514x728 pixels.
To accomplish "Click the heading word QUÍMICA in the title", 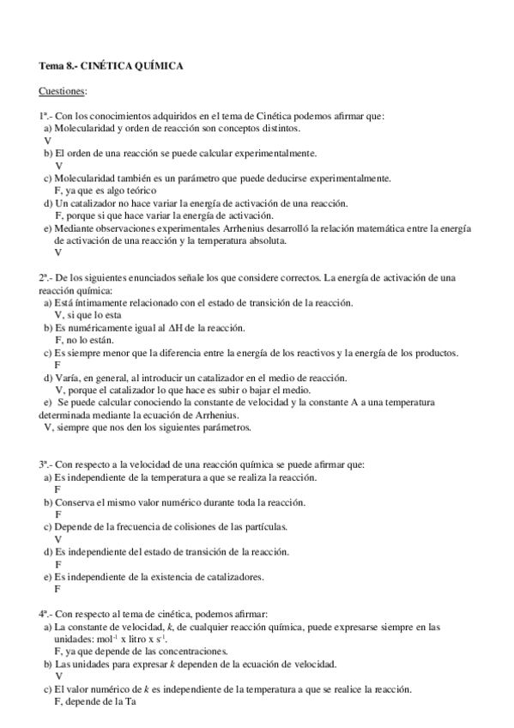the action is (157, 65).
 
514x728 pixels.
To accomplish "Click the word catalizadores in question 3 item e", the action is (254, 576).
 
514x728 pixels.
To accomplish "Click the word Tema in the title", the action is (51, 65).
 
